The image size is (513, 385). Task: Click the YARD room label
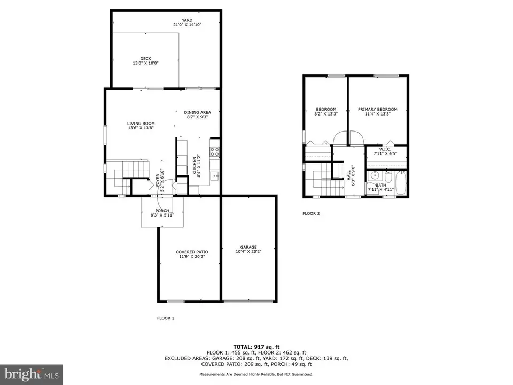click(187, 20)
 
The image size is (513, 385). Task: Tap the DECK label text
click(145, 59)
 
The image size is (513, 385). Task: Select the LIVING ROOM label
click(141, 124)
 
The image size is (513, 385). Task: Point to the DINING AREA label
click(197, 112)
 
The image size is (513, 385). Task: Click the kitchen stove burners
click(215, 151)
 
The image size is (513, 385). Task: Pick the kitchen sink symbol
click(215, 176)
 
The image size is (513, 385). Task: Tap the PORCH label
click(162, 211)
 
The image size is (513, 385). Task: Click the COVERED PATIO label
click(192, 252)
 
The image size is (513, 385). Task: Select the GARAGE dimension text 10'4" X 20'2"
click(248, 252)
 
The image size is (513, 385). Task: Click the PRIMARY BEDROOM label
click(378, 109)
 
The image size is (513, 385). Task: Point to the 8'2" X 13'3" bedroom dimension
click(326, 114)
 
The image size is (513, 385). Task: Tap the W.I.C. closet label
click(385, 149)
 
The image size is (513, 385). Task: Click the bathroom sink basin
click(375, 176)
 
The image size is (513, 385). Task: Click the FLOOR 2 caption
click(311, 213)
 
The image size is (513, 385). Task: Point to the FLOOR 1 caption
click(166, 318)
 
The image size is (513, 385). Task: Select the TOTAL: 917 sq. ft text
click(256, 347)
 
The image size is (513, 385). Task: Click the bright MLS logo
click(32, 374)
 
